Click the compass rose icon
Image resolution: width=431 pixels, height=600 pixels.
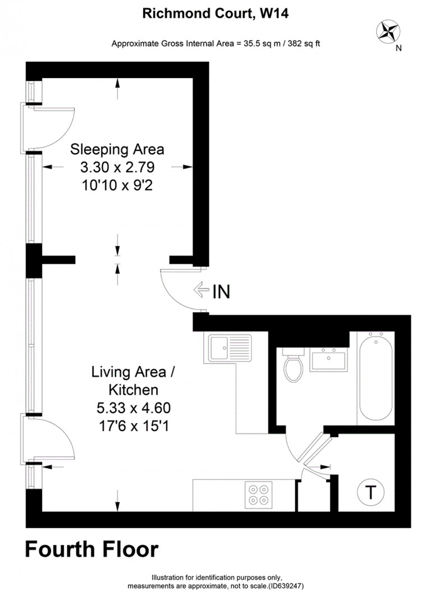[x=388, y=31]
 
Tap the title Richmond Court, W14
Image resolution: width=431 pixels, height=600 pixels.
[x=215, y=13]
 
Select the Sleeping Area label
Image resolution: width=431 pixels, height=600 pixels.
[x=117, y=149]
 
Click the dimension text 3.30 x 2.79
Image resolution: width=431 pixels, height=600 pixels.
[x=117, y=167]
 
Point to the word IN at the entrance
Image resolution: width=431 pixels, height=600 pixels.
[x=221, y=292]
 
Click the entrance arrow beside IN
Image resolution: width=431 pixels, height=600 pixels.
[x=201, y=290]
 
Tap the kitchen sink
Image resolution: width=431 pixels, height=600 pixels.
[x=228, y=347]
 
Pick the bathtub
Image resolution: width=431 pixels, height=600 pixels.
[x=375, y=378]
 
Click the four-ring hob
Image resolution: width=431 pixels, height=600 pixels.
[x=259, y=495]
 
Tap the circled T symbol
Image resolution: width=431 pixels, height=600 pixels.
[x=370, y=492]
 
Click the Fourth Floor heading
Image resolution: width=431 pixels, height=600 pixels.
[x=91, y=549]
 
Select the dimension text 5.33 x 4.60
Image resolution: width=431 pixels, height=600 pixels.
[x=134, y=408]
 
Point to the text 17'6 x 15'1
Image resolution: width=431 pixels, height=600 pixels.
[x=134, y=426]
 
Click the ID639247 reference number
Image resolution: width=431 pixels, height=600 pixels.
[x=286, y=586]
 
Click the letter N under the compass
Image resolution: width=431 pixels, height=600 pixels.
[x=398, y=48]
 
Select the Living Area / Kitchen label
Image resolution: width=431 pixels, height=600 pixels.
[x=133, y=381]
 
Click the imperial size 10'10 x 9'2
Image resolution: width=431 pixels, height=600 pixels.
[x=117, y=186]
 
